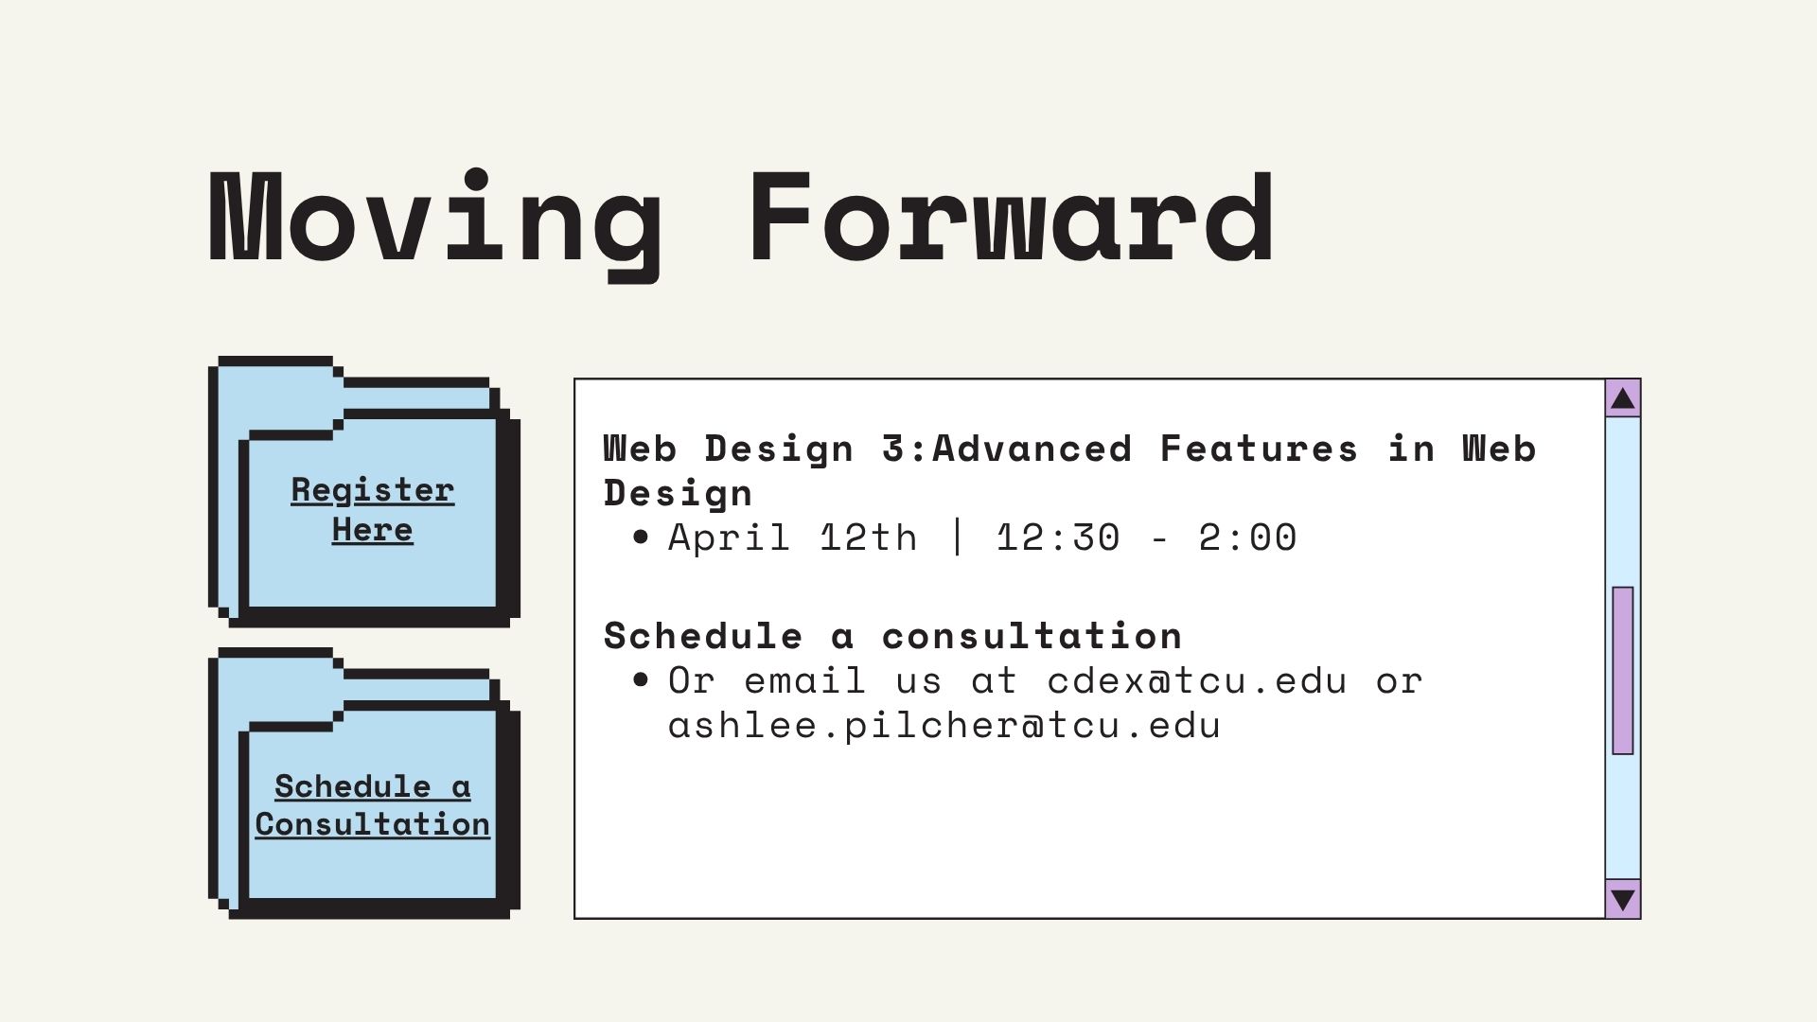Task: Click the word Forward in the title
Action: point(1011,217)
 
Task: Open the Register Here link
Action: point(372,509)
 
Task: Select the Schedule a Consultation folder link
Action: point(372,804)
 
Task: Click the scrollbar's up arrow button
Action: point(1623,398)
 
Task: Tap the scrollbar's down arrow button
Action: point(1623,898)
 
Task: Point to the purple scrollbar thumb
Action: point(1623,670)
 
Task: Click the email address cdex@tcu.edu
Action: point(1196,680)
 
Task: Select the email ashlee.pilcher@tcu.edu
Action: point(944,726)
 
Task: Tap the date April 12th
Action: point(793,537)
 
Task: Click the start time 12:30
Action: point(1058,537)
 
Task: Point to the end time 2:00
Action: point(1247,537)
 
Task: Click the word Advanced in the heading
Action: point(1032,448)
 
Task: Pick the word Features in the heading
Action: point(1259,448)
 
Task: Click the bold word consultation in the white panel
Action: point(1032,636)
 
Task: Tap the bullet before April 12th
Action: point(642,537)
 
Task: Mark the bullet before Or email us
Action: point(642,680)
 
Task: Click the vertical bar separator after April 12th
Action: point(957,537)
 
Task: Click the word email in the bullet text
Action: point(804,680)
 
